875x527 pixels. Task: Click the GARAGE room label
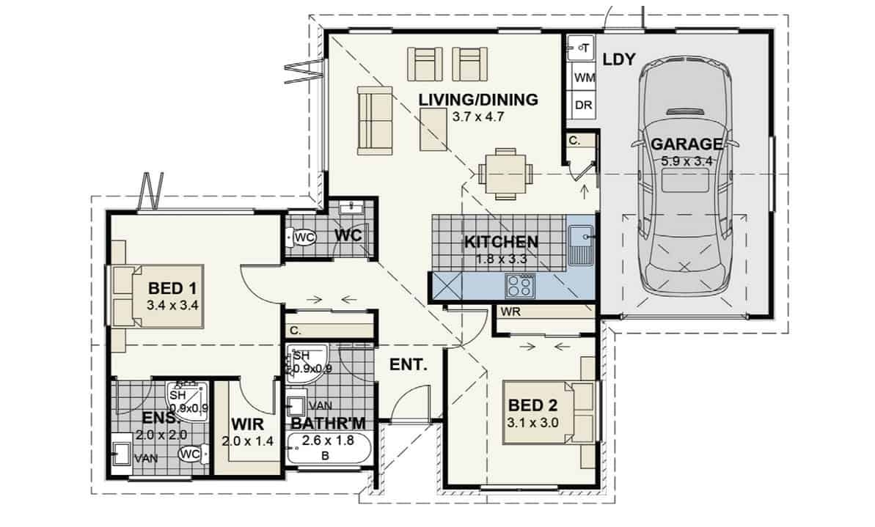click(687, 144)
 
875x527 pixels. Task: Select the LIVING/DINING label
click(478, 100)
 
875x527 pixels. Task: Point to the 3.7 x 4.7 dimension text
click(478, 117)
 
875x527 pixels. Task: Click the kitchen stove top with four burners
click(519, 287)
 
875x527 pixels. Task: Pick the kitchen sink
click(581, 245)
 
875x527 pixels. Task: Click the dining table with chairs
click(505, 174)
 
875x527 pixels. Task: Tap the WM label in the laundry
click(585, 78)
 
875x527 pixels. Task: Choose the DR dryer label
click(583, 105)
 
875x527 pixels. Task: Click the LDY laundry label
click(620, 59)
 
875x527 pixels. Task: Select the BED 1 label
click(172, 288)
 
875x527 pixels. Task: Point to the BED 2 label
click(533, 405)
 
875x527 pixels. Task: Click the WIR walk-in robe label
click(247, 424)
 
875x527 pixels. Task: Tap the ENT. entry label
click(408, 365)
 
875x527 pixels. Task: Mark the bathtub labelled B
click(328, 449)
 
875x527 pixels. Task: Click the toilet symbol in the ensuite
click(192, 454)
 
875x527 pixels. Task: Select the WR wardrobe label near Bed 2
click(510, 312)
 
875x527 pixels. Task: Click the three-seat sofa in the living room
click(375, 120)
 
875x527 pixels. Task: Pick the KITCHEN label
click(501, 242)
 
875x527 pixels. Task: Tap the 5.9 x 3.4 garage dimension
click(687, 162)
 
